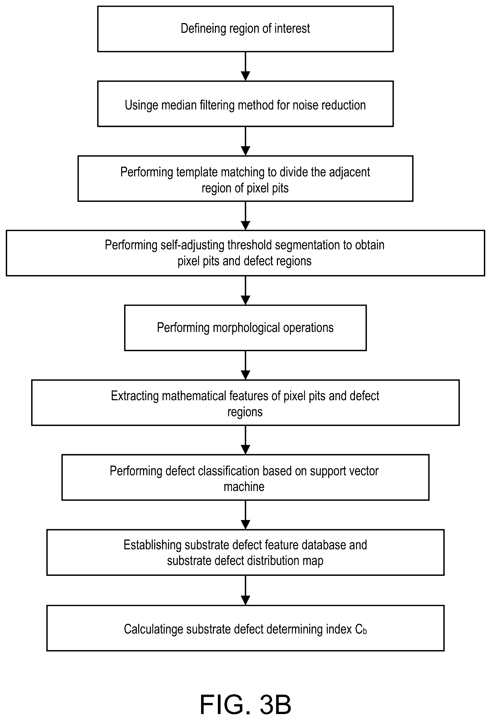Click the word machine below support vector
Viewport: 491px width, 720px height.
tap(244, 487)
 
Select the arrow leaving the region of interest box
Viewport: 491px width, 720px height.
tap(245, 66)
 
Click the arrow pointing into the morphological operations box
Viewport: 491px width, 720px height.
tap(245, 290)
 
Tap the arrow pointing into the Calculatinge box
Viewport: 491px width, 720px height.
tap(245, 590)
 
